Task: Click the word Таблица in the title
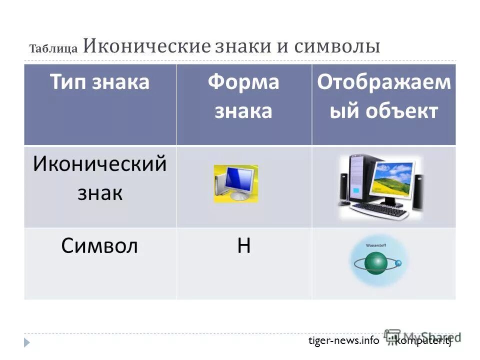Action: (53, 48)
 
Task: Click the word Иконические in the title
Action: (146, 46)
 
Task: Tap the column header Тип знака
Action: (99, 82)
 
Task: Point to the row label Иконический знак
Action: (99, 178)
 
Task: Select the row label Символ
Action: (99, 246)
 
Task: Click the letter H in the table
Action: (243, 246)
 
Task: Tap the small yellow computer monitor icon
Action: (235, 183)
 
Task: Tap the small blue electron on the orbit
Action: (398, 263)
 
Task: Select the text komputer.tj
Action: (423, 340)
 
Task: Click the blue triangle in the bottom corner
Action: (27, 342)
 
